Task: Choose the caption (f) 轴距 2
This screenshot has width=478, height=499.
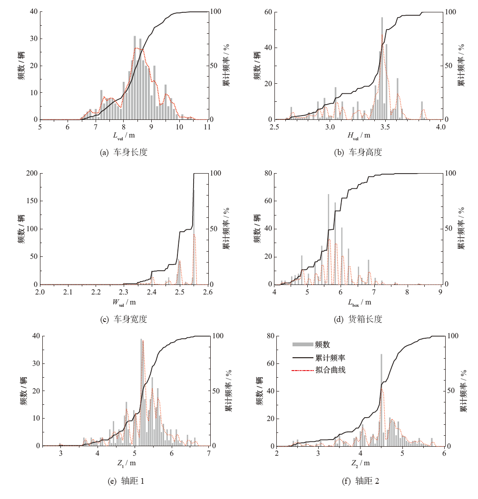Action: [360, 481]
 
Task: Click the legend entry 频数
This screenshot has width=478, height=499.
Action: [322, 345]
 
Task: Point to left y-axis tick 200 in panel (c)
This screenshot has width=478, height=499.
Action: [30, 173]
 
